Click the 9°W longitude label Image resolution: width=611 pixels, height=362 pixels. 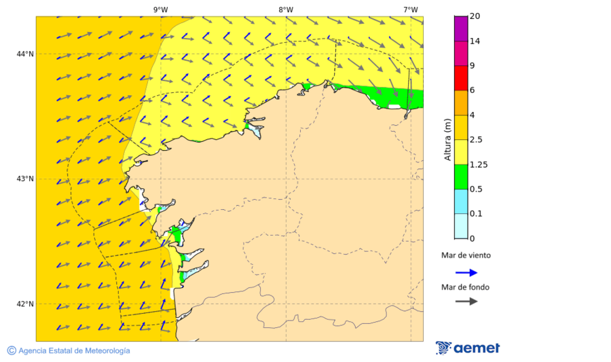click(x=160, y=10)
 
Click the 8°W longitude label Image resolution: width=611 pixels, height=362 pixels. click(x=286, y=10)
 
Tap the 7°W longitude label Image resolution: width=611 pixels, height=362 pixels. click(x=410, y=10)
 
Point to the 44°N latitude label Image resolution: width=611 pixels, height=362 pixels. click(x=25, y=54)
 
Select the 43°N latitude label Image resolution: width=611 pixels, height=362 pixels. click(x=25, y=179)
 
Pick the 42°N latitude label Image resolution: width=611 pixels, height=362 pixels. click(x=25, y=304)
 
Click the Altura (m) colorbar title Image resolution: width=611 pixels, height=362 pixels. click(x=447, y=140)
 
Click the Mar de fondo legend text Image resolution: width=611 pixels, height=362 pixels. click(x=465, y=287)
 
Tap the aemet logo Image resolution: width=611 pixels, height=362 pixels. click(x=468, y=348)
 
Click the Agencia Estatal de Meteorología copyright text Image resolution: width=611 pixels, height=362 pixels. click(x=69, y=350)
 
